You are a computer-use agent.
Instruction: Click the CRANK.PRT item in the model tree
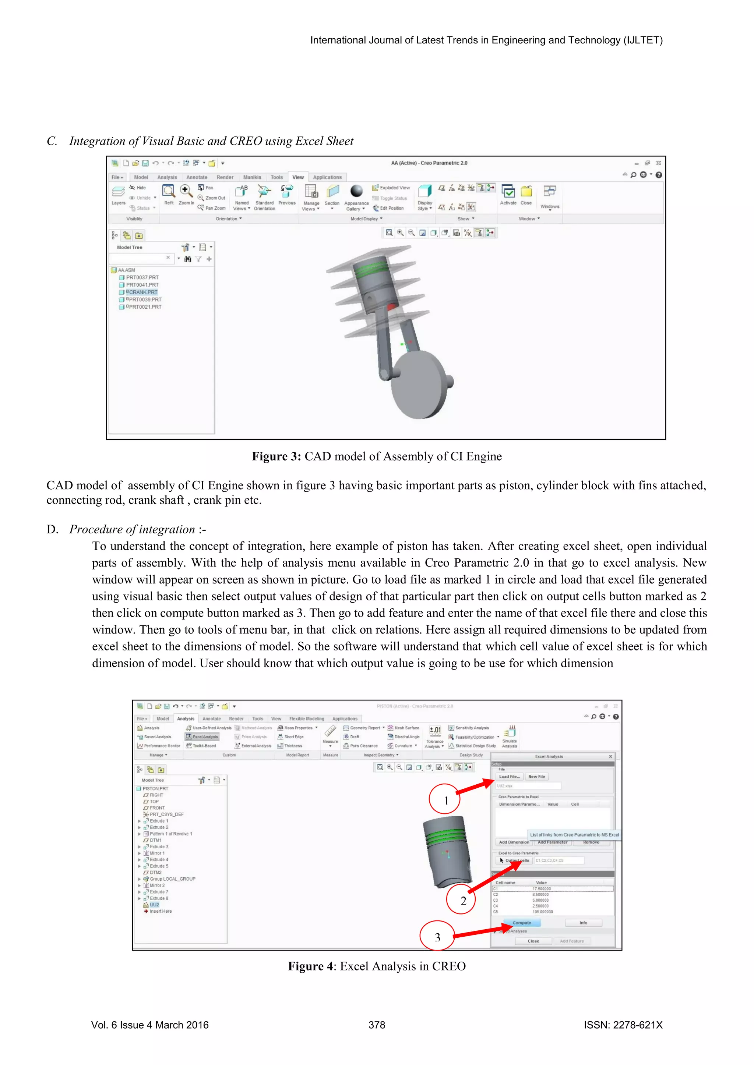pyautogui.click(x=143, y=292)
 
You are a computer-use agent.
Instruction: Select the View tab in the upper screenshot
pyautogui.click(x=297, y=177)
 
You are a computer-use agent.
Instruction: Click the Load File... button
pyautogui.click(x=509, y=777)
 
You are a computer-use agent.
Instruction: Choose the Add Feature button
pyautogui.click(x=571, y=941)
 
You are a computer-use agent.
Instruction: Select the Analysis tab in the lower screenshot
pyautogui.click(x=186, y=718)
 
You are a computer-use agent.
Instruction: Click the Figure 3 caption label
pyautogui.click(x=276, y=457)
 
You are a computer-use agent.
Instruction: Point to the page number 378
pyautogui.click(x=377, y=1025)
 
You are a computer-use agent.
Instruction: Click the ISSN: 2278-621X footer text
pyautogui.click(x=623, y=1025)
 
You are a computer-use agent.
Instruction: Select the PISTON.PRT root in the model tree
pyautogui.click(x=155, y=789)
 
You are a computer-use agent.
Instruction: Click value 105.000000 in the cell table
pyautogui.click(x=542, y=912)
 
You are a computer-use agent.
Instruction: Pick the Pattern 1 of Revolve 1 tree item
pyautogui.click(x=170, y=834)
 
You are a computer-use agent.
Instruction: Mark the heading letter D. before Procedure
pyautogui.click(x=52, y=529)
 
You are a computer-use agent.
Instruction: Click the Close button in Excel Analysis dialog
pyautogui.click(x=533, y=941)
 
